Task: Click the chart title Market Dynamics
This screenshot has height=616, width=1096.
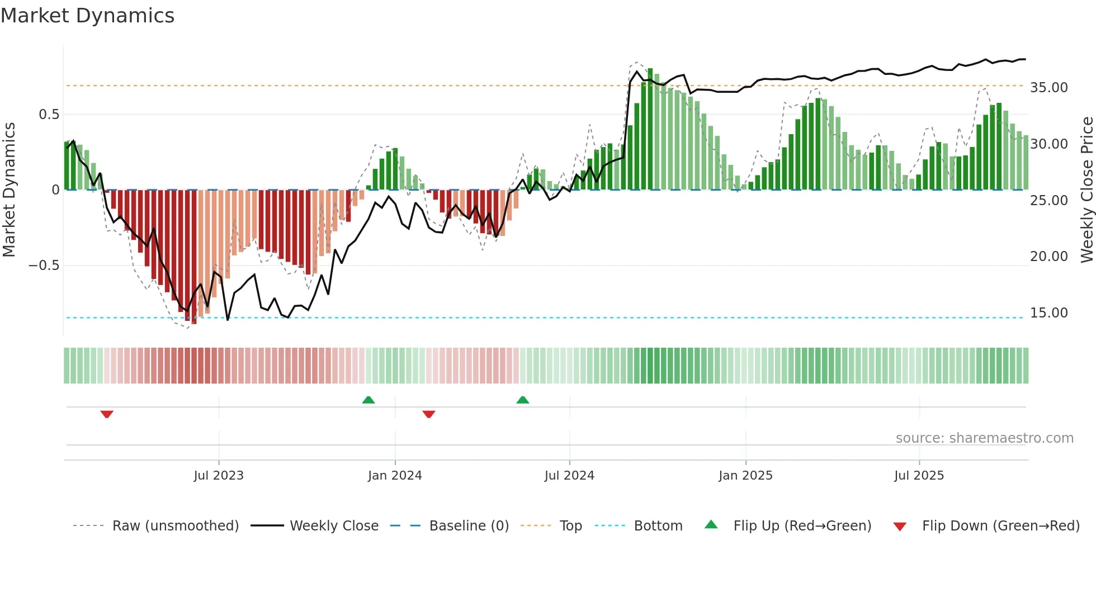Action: click(87, 16)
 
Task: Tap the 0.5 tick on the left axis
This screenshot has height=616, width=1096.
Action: click(49, 115)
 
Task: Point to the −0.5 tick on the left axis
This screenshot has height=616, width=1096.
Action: click(44, 266)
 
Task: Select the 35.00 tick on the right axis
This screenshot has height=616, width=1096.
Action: click(1048, 88)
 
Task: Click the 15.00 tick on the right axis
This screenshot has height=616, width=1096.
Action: click(1048, 313)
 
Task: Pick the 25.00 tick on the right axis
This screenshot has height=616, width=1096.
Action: click(1048, 201)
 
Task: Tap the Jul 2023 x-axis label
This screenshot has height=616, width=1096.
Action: click(219, 476)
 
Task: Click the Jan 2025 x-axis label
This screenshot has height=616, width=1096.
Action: click(745, 476)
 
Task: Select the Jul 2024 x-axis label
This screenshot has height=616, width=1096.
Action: click(569, 476)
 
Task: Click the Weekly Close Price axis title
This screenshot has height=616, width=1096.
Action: click(1086, 190)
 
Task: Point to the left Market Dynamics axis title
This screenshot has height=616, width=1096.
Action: click(9, 190)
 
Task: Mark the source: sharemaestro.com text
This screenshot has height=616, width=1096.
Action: click(984, 438)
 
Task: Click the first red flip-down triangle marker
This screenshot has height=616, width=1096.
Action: click(107, 414)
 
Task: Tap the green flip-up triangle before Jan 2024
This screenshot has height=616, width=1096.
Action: click(368, 400)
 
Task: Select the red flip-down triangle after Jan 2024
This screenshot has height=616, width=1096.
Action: click(429, 414)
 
